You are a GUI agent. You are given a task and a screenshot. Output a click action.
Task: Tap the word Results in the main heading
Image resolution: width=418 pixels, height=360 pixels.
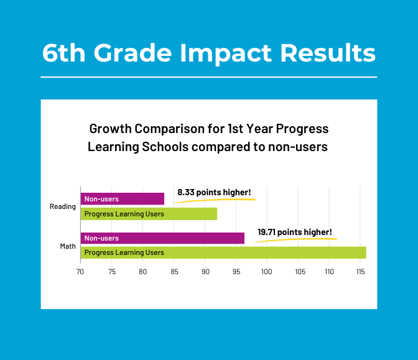point(328,53)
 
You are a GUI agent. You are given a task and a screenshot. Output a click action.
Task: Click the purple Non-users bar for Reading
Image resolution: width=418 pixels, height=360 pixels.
point(123,199)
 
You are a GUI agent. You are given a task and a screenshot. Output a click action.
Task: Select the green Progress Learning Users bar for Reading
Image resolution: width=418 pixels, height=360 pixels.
point(149,214)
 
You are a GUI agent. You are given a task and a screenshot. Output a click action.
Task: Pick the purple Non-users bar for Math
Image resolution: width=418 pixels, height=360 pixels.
point(162,238)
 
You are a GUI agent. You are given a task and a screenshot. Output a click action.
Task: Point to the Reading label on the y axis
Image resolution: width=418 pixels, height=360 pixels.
point(62,206)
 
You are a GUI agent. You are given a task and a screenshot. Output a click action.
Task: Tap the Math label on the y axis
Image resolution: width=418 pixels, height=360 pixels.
point(68,246)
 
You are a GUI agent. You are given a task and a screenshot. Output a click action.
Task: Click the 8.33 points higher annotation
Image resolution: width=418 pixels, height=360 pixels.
point(214,192)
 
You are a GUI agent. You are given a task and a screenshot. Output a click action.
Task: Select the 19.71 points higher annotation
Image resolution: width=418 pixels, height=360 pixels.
point(295,232)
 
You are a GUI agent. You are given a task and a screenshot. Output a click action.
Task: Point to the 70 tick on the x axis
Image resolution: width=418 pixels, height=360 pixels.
point(80,272)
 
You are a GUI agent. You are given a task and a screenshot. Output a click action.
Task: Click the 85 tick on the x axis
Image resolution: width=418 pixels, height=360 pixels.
point(174,272)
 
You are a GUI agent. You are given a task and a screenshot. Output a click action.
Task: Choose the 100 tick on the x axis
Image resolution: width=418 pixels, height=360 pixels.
point(267,272)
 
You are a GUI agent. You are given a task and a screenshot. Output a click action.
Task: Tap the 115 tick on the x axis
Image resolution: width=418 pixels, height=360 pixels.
point(360,272)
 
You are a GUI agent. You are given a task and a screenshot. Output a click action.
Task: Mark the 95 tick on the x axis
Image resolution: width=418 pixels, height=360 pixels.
point(236,272)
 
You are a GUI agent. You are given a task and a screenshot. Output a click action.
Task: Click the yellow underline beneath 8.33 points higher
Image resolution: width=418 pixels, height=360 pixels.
point(214,200)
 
